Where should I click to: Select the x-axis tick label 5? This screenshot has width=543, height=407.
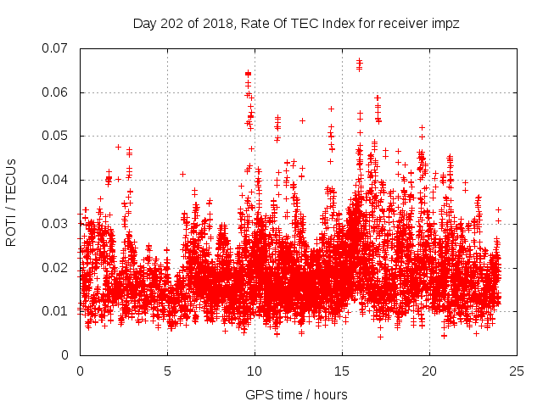167,371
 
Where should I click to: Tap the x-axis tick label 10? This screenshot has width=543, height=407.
255,371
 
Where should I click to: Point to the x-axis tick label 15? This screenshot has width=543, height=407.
342,371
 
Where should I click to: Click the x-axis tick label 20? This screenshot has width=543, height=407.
429,371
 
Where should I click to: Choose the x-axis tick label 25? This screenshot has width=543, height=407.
517,371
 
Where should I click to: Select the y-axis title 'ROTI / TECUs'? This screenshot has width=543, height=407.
12,202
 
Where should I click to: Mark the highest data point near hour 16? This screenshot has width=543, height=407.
359,61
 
